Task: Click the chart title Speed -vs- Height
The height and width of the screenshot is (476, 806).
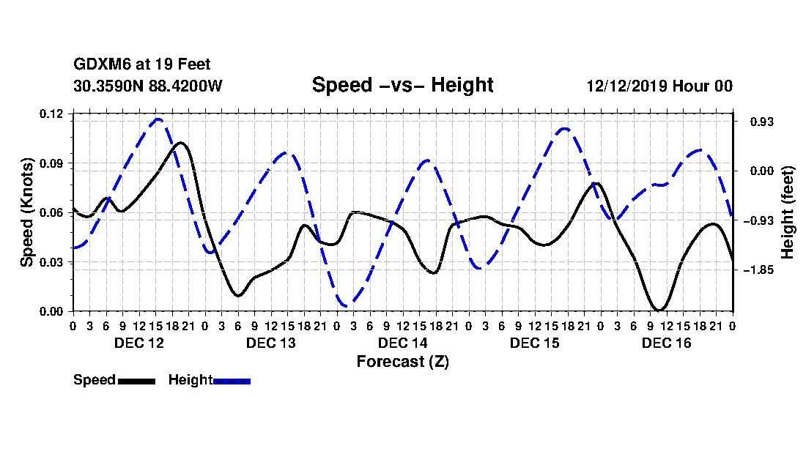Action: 402,85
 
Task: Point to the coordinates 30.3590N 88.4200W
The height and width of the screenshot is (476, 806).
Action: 147,86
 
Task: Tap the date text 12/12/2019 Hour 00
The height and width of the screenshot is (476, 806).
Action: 659,86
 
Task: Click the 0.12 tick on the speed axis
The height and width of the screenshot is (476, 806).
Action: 51,114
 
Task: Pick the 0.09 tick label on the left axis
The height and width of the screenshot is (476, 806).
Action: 51,163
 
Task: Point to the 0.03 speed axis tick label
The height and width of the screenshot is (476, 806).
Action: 51,262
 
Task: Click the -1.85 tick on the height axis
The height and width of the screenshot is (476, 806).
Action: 759,270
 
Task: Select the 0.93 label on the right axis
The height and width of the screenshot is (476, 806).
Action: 762,122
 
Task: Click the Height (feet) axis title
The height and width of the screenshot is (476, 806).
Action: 788,212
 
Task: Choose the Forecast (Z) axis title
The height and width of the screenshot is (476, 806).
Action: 402,362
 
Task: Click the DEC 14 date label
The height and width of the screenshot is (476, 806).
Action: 402,343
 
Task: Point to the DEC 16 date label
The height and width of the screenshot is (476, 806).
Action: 666,343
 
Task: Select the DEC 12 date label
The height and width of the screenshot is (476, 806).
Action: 138,343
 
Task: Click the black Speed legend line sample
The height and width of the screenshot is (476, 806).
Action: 137,381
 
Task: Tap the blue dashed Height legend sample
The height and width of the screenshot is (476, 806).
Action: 232,381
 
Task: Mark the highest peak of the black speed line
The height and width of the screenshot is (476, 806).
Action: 180,143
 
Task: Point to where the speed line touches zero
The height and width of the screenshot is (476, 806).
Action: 659,309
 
